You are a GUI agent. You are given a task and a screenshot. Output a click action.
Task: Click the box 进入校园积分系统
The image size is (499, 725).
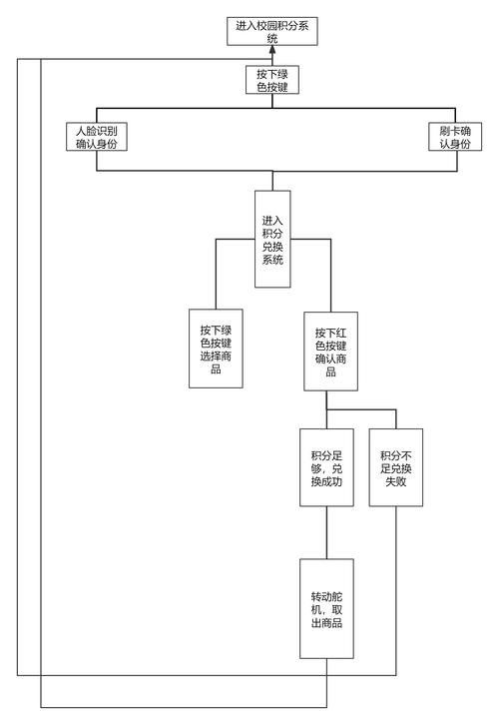[x=272, y=31]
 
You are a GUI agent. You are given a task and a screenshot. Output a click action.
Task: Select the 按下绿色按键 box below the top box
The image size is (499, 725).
[x=272, y=80]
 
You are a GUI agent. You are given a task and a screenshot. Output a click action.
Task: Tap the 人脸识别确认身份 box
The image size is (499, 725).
[x=97, y=137]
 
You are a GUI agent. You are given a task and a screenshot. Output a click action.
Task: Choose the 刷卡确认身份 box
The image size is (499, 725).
[x=455, y=137]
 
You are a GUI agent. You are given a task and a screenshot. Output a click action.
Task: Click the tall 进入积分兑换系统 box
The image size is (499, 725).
[x=272, y=239]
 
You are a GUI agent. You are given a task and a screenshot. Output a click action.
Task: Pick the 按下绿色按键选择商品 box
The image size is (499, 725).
[x=216, y=349]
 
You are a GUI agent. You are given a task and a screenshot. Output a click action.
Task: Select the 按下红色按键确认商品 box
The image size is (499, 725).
[x=330, y=352]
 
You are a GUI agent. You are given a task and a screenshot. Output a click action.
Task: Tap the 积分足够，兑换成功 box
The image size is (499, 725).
[x=326, y=467]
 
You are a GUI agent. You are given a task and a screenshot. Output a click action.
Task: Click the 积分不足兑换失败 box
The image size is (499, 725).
[x=396, y=467]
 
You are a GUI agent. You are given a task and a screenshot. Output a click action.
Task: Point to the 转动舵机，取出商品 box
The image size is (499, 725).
[x=326, y=608]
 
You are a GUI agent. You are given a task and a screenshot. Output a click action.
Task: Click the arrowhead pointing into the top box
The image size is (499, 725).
[x=272, y=50]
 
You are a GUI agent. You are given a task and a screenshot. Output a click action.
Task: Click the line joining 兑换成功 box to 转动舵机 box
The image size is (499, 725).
[x=326, y=532]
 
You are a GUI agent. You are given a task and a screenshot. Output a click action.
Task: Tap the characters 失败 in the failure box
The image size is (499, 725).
[x=396, y=481]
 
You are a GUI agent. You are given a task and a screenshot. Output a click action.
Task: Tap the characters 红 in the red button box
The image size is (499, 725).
[x=341, y=333]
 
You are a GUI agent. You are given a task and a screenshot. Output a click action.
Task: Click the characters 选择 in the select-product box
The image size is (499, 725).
[x=211, y=357]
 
